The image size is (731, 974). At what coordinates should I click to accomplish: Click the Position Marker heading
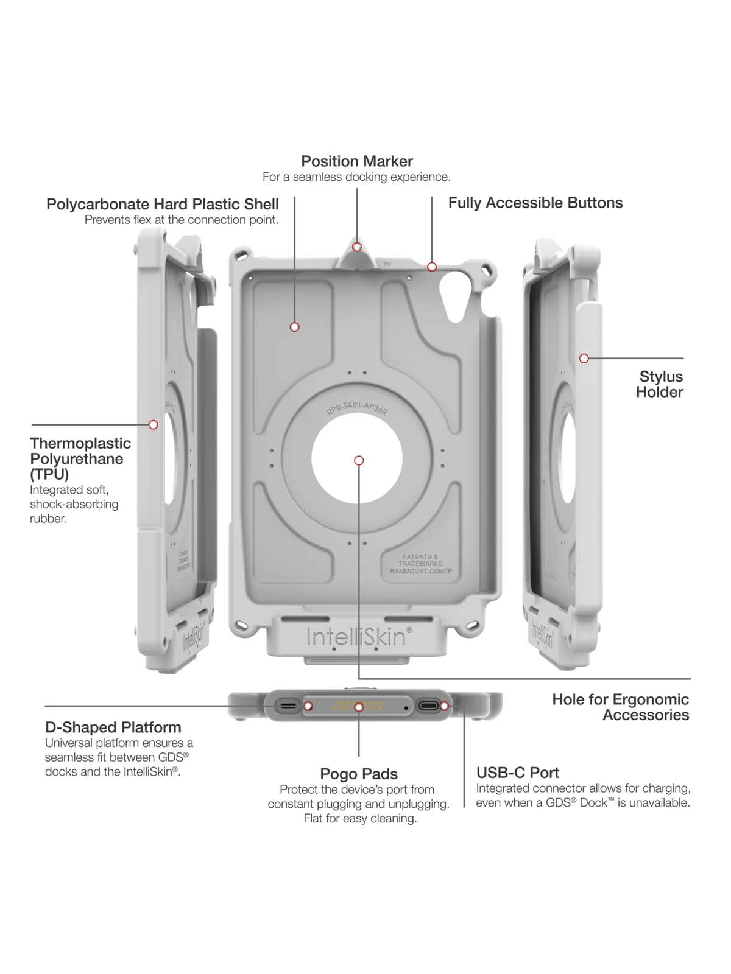[357, 161]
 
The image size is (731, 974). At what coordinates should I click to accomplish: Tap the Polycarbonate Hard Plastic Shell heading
[163, 204]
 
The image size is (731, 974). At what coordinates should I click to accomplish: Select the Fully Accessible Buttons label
[535, 203]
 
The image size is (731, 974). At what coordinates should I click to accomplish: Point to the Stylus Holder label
[660, 384]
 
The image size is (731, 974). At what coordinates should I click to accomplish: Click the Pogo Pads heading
[359, 774]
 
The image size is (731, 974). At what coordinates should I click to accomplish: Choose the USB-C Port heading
[517, 773]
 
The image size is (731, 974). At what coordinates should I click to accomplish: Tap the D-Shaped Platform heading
[113, 727]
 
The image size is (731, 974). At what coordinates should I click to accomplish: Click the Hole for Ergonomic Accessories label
[620, 707]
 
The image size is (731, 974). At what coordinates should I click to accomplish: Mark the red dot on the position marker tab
[357, 247]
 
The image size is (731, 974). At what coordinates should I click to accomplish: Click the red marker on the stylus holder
[584, 358]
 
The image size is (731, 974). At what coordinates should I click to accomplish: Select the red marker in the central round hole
[359, 460]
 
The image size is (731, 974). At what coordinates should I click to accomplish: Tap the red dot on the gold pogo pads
[359, 707]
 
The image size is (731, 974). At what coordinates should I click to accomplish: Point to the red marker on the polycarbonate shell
[294, 327]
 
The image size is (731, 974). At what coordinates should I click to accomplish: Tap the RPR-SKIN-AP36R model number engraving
[357, 408]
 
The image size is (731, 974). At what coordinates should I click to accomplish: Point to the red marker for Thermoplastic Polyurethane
[153, 424]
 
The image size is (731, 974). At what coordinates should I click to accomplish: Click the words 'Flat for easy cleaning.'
[360, 819]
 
